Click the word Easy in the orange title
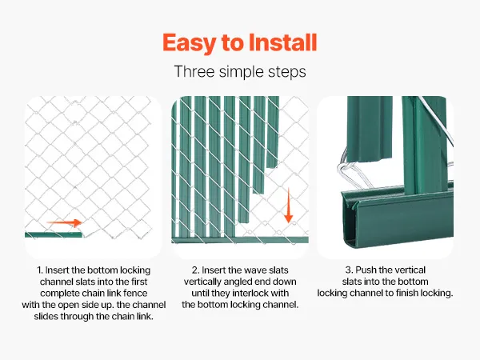tap(189, 43)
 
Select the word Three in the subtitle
tap(194, 72)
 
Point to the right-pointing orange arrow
tap(64, 222)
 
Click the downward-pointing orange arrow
tap(288, 205)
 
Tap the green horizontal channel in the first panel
tap(54, 234)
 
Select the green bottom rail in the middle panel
tap(240, 240)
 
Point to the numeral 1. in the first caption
tap(40, 270)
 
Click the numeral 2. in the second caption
tap(195, 270)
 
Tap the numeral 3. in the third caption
tap(349, 270)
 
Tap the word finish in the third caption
tap(406, 293)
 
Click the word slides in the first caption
tap(46, 316)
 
